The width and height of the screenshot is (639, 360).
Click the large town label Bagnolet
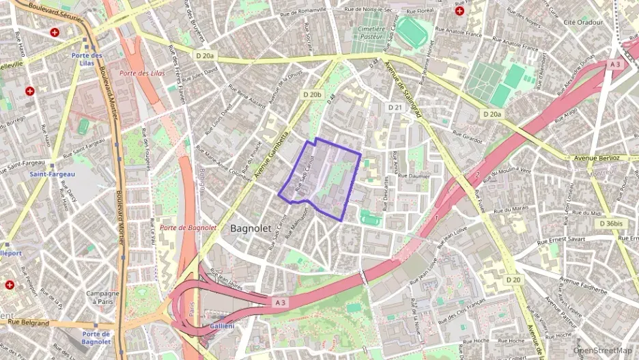coord(251,227)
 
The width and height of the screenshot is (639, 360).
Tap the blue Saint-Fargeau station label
coord(52,174)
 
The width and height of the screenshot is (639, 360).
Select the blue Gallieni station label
coord(223,326)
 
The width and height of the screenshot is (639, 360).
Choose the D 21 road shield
coord(395,107)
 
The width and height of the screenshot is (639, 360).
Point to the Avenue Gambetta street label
coord(272,156)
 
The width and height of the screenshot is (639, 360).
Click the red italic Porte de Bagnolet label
coord(188,227)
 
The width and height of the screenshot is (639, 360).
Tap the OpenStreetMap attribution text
coord(602,350)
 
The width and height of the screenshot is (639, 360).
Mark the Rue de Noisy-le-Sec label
coord(369,9)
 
